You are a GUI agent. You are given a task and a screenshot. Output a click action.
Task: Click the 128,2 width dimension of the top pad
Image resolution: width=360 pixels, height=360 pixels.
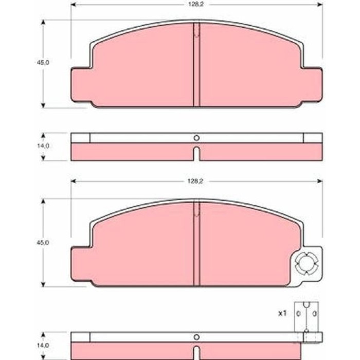196,4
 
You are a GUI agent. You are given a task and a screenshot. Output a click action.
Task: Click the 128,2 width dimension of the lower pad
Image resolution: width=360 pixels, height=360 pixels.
195,181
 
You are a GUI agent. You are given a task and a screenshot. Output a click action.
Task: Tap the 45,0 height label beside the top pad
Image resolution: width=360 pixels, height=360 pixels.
43,62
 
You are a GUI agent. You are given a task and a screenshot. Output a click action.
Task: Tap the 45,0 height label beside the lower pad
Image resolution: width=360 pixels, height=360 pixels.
43,243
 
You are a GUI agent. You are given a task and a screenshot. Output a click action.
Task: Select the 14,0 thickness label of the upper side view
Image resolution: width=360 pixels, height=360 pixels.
43,146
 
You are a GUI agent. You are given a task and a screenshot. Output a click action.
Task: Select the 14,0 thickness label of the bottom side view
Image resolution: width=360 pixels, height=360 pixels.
43,345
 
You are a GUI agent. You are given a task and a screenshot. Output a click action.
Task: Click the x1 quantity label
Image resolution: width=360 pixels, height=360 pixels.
282,313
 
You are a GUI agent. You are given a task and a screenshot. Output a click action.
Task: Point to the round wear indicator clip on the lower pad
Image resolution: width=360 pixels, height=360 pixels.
307,263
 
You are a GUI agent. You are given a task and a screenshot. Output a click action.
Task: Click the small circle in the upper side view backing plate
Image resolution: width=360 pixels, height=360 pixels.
196,138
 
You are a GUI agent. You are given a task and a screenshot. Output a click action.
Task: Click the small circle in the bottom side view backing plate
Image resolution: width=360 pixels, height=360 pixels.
196,337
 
